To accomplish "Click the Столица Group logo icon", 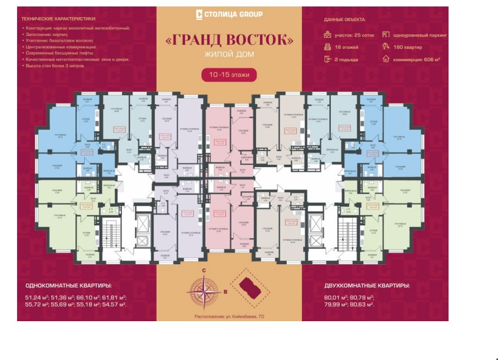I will pyautogui.click(x=199, y=14).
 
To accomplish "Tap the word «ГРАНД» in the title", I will pyautogui.click(x=193, y=41).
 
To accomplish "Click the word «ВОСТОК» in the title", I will pyautogui.click(x=256, y=41).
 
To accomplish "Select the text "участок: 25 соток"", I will pyautogui.click(x=354, y=35).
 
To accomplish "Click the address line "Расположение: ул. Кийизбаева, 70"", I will pyautogui.click(x=228, y=317).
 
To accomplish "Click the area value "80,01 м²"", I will pyautogui.click(x=337, y=298).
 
